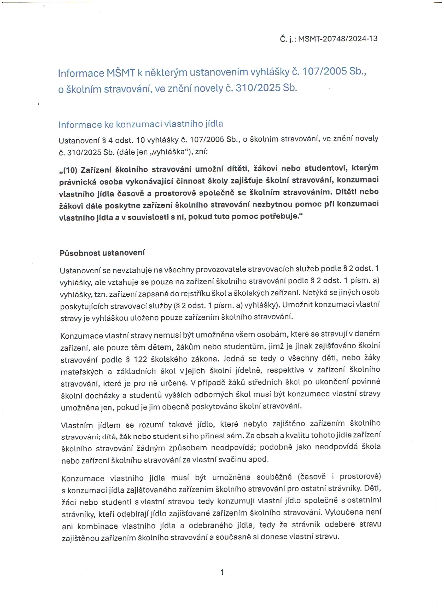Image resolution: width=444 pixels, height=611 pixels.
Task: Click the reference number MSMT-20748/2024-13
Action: coord(338,39)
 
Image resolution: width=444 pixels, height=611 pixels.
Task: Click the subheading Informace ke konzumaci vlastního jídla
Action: coord(141,124)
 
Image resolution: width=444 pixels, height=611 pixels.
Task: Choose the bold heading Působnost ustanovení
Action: coord(102,253)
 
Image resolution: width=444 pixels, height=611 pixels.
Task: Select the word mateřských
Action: coord(81,372)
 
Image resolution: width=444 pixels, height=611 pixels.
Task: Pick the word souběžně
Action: coord(274,477)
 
